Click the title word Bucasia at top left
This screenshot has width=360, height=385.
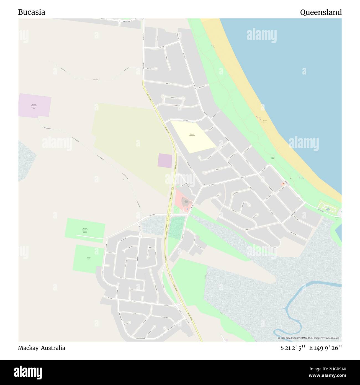(x=32, y=12)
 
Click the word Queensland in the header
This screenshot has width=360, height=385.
(x=321, y=12)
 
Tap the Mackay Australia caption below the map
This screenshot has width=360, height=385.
(x=42, y=348)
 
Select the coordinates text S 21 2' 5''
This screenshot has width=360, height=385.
(x=293, y=348)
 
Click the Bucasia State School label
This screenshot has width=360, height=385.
(x=192, y=135)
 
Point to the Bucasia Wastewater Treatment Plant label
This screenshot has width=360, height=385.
(x=34, y=106)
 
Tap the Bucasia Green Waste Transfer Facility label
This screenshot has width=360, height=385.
(x=84, y=230)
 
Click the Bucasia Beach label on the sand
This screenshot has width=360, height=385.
(x=265, y=121)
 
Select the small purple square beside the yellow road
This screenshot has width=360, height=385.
(x=165, y=161)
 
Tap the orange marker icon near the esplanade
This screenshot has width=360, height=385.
(x=283, y=184)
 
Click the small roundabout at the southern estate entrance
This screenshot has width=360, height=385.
(x=140, y=236)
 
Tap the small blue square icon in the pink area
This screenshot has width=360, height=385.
(x=187, y=209)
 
